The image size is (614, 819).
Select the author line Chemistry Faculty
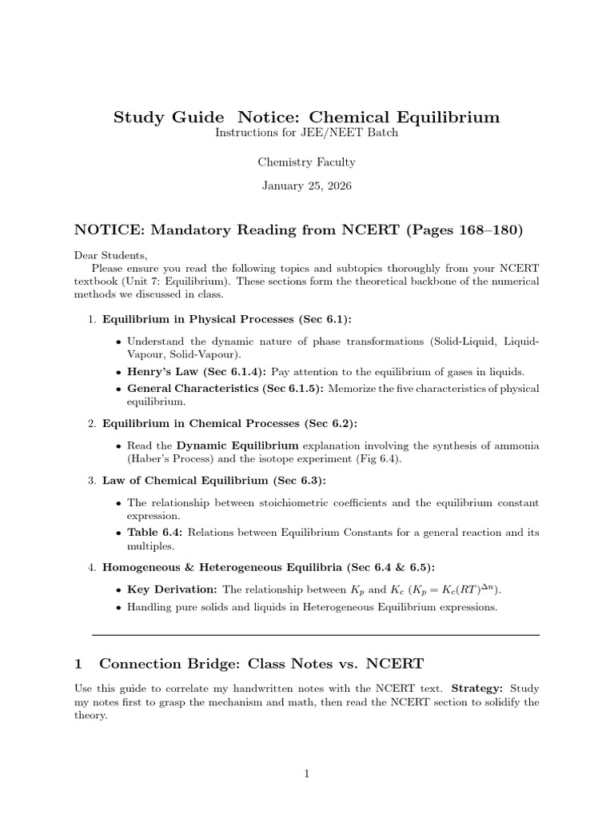click(306, 162)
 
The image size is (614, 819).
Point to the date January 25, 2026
click(306, 186)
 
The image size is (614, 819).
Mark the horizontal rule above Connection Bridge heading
click(316, 635)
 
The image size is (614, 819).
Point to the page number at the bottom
click(306, 773)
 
